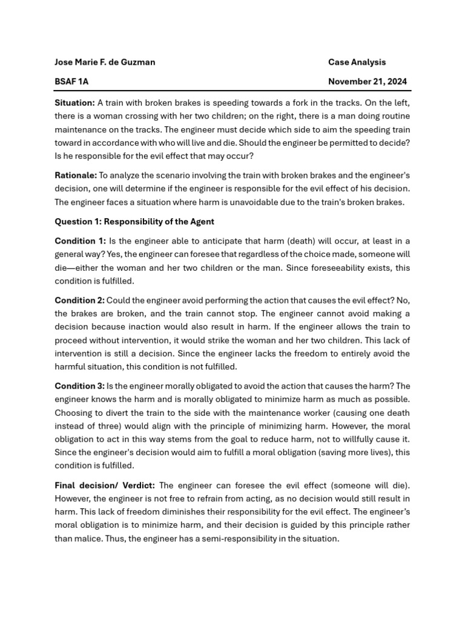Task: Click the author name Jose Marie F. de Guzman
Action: (x=105, y=62)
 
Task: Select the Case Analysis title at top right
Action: (x=357, y=62)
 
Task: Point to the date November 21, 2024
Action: (x=368, y=82)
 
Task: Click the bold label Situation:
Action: (x=74, y=103)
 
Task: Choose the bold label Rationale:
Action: (x=76, y=175)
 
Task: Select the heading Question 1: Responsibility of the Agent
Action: (x=134, y=221)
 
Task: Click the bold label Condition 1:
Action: (x=80, y=241)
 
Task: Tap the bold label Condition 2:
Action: (x=80, y=300)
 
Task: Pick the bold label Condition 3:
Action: (x=80, y=386)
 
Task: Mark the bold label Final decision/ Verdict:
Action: (x=105, y=485)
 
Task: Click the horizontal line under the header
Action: (x=232, y=91)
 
